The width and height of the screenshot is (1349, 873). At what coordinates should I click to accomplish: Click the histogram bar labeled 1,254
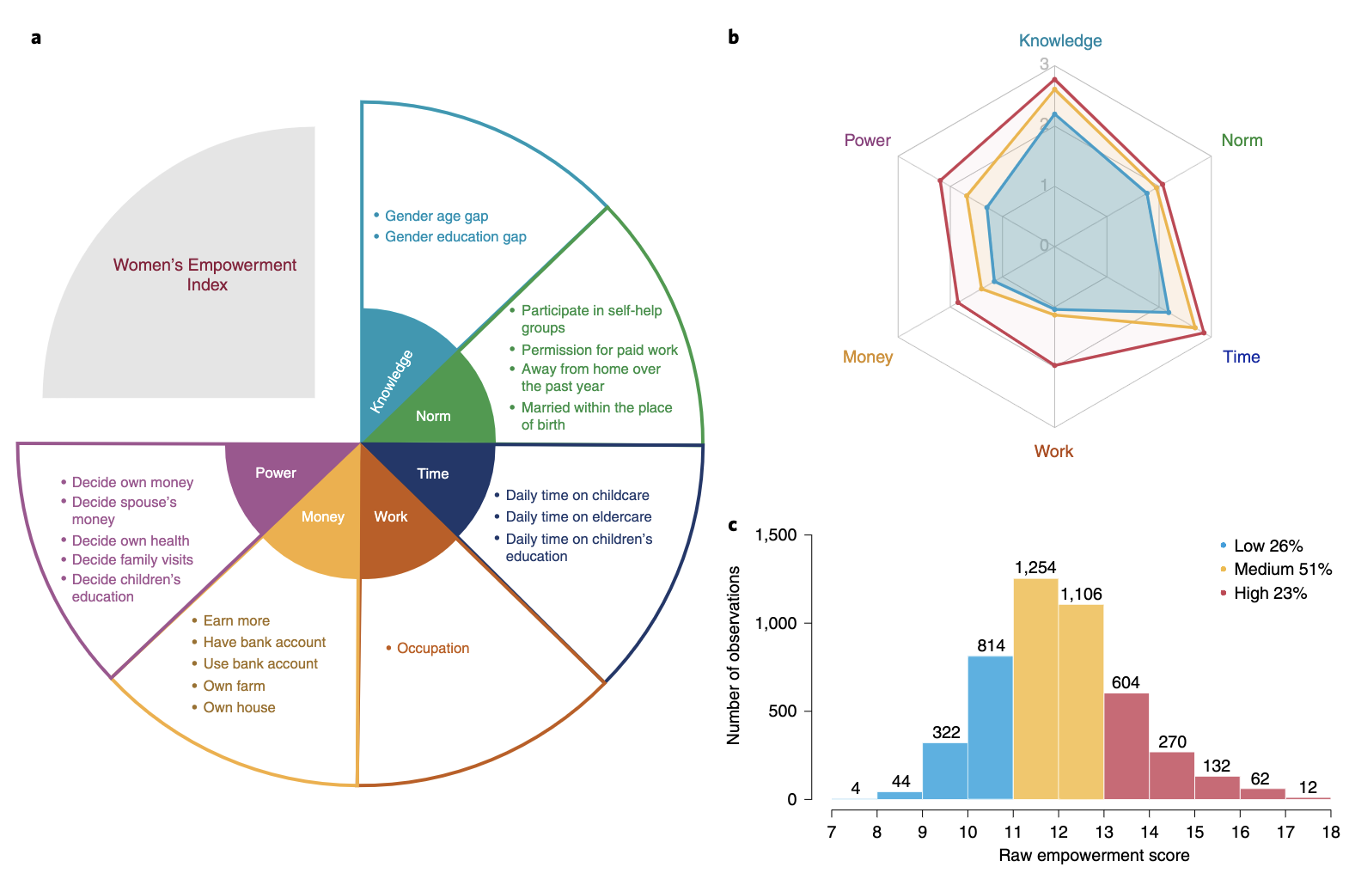pos(1035,687)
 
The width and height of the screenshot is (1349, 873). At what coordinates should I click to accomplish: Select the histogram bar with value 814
pos(990,727)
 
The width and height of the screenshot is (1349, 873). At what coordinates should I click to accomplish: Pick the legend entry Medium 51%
pos(1282,569)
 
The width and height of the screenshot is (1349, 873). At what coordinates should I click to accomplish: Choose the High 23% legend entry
pos(1269,593)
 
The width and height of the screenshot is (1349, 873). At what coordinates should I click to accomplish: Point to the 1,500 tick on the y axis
pos(776,535)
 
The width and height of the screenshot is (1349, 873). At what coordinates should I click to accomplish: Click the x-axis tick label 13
pos(1104,832)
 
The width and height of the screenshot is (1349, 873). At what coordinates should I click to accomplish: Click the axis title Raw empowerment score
pos(1094,856)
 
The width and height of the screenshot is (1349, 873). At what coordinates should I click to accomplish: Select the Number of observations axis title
pos(734,655)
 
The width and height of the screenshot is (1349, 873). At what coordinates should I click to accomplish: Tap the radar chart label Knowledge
pos(1059,40)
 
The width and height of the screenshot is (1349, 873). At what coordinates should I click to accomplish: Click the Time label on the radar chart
pos(1241,357)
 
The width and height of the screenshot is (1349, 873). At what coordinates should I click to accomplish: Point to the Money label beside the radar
pos(867,357)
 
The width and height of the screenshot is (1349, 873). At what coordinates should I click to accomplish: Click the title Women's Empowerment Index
pos(205,275)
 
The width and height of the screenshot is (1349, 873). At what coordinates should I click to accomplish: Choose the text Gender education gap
pos(455,236)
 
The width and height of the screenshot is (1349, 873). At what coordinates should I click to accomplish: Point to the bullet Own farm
pos(234,686)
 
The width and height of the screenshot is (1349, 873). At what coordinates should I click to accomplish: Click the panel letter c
pos(733,525)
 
